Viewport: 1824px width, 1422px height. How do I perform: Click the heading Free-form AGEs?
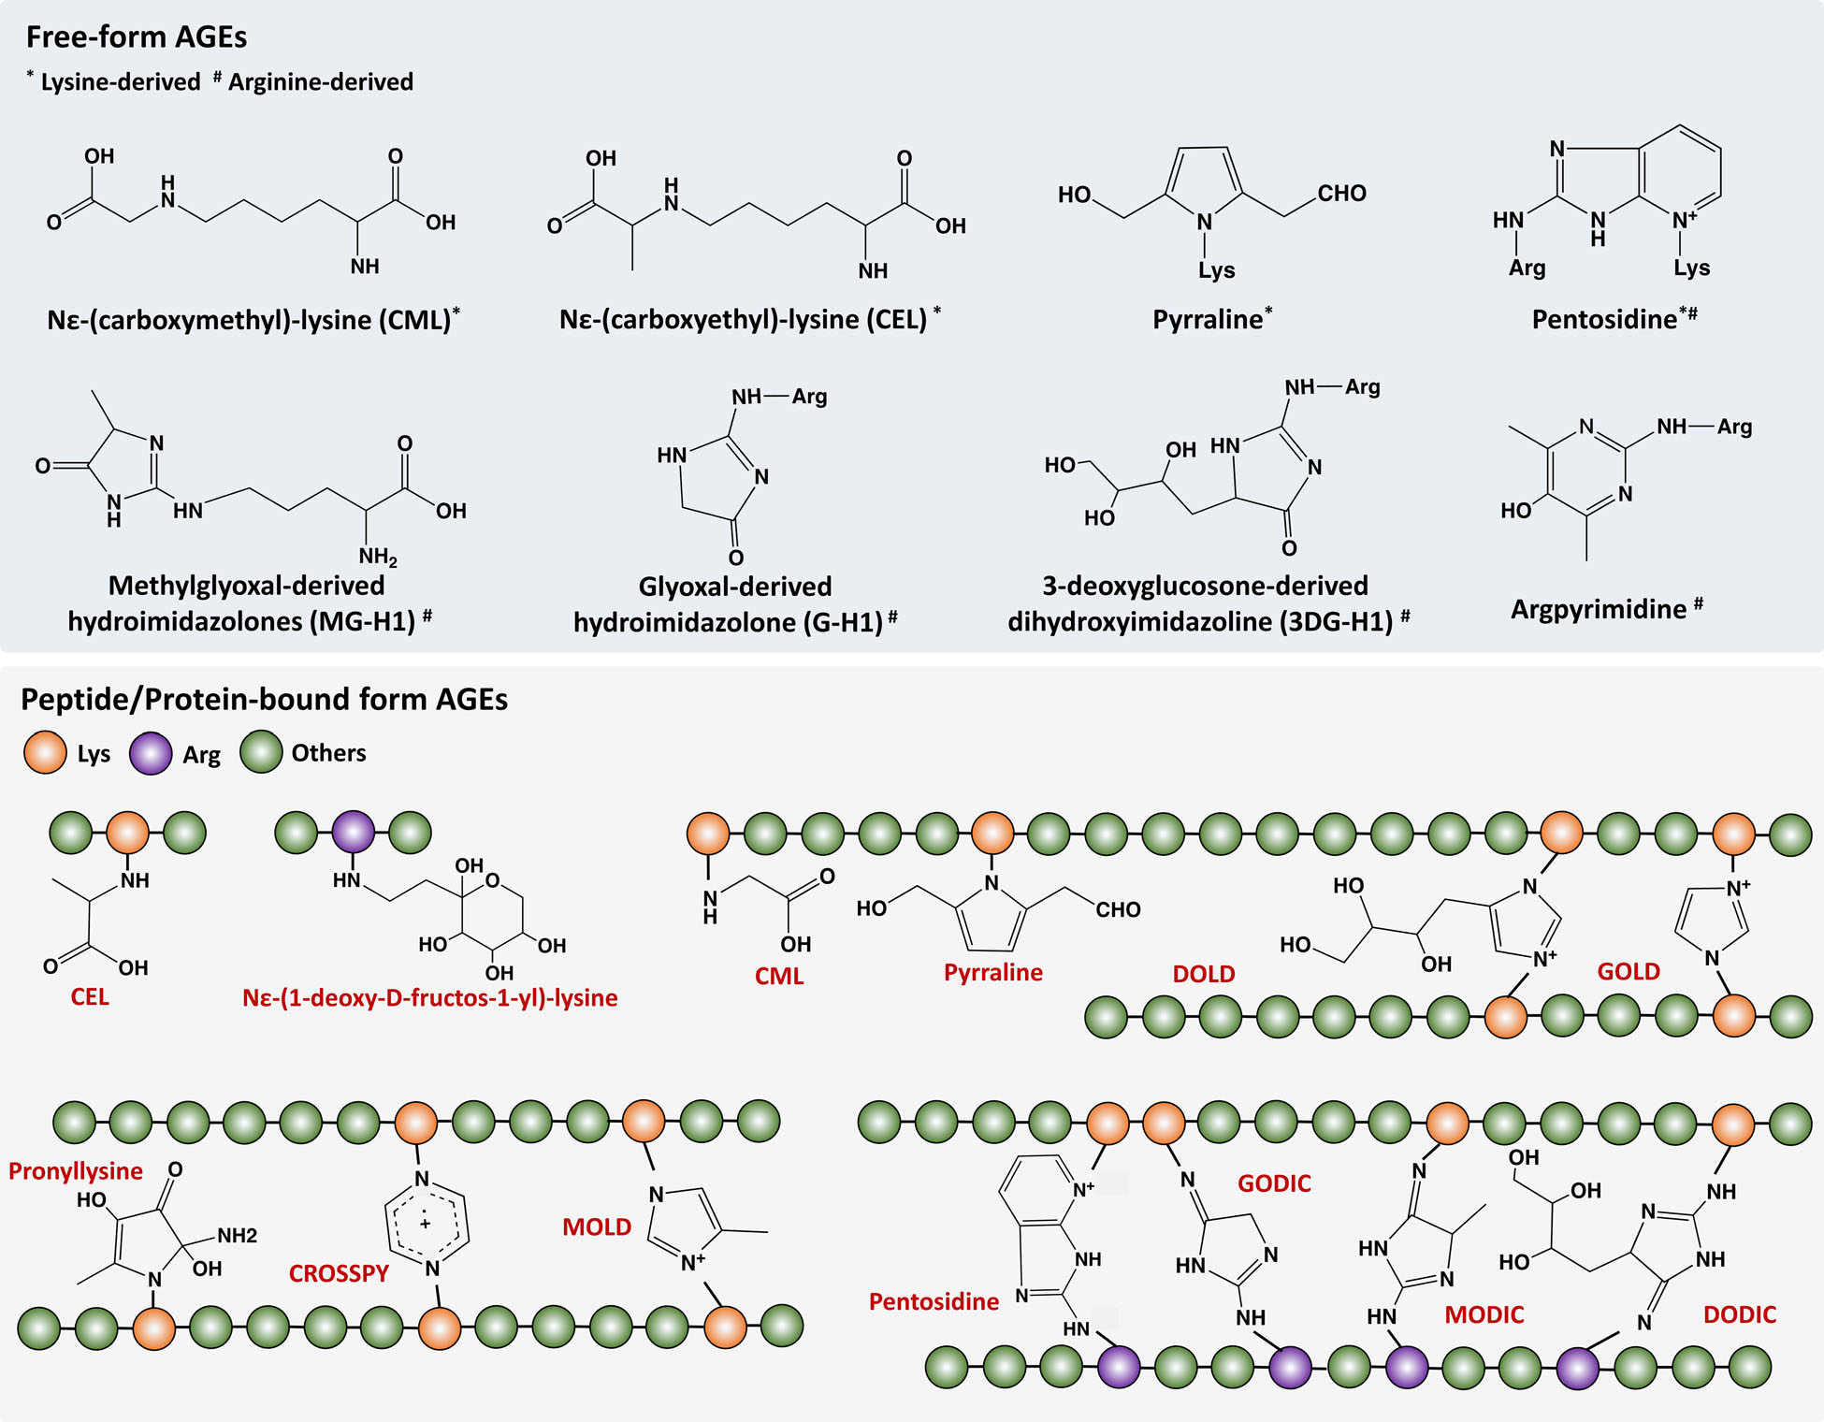137,37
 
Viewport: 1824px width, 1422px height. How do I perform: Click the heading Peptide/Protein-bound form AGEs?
264,700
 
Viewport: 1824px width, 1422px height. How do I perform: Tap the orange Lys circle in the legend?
45,753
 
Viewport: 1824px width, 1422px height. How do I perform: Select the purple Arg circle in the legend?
151,753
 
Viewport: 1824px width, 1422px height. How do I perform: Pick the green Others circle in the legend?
261,752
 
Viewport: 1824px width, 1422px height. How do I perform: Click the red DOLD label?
1204,974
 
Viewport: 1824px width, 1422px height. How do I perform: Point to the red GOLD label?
1629,972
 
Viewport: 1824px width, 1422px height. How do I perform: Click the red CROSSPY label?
339,1274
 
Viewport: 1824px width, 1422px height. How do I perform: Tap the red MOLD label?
597,1227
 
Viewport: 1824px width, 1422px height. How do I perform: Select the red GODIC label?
1274,1184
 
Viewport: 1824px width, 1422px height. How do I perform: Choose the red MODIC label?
1484,1315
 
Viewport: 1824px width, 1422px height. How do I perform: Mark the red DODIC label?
1740,1315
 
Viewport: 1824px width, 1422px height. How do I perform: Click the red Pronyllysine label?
76,1171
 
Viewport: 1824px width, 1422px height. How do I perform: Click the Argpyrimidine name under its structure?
1599,610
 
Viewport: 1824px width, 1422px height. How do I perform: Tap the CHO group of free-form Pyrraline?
1342,194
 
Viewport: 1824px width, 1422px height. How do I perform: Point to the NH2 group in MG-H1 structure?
378,558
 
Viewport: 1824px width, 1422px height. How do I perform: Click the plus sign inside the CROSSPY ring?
426,1224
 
